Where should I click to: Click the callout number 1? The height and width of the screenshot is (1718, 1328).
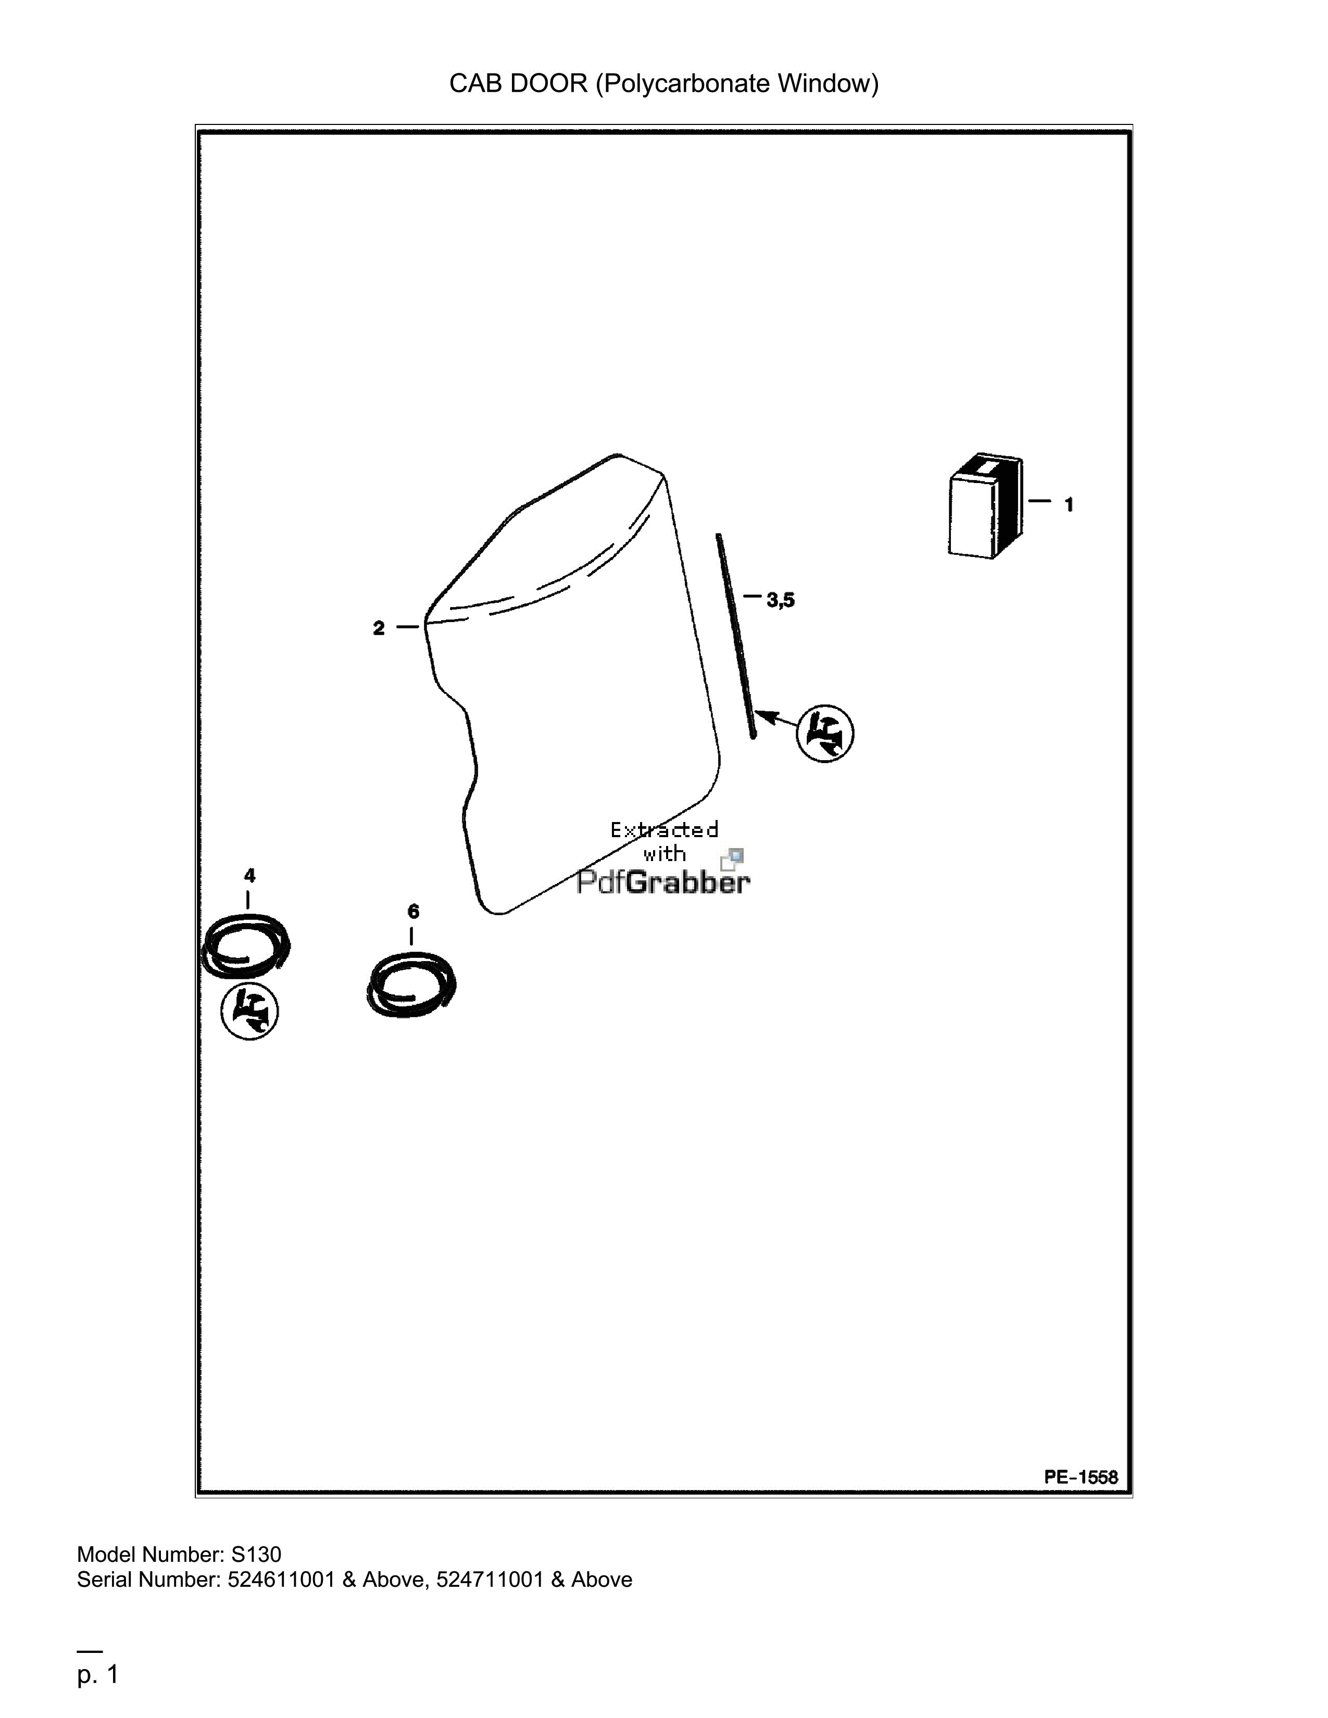(x=1068, y=505)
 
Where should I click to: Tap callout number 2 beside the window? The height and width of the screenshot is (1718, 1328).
(x=379, y=628)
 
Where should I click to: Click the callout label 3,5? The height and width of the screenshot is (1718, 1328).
(x=781, y=600)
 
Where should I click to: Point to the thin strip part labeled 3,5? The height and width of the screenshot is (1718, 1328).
(x=735, y=636)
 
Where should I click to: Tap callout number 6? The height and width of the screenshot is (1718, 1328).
(x=413, y=912)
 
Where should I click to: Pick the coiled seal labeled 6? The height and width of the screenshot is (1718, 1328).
(x=411, y=984)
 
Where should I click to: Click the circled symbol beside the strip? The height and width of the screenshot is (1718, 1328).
(x=825, y=732)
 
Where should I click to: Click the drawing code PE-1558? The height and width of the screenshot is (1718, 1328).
(x=1081, y=1477)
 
